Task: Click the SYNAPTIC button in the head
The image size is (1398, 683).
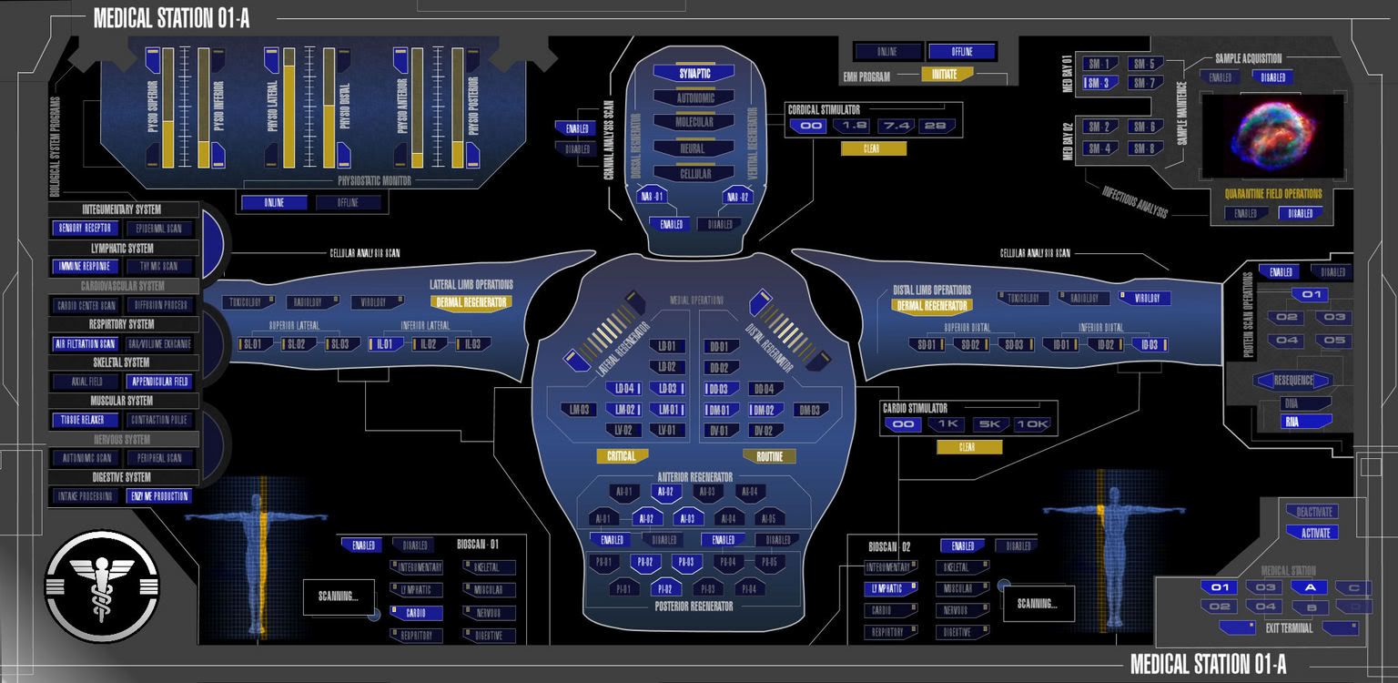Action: click(694, 73)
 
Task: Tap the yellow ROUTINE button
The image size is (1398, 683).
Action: click(769, 456)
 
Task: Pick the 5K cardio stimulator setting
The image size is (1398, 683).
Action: click(990, 424)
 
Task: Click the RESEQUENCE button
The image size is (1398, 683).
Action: click(1293, 381)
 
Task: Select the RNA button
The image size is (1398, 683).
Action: click(1292, 422)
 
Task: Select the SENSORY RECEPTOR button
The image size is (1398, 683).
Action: click(85, 228)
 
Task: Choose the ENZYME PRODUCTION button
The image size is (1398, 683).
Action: click(160, 496)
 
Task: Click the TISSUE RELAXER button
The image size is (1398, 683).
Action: click(85, 420)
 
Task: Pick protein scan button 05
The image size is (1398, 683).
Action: click(1334, 341)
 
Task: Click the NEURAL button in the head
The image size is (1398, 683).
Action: click(694, 148)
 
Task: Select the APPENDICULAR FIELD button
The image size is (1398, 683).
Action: click(160, 382)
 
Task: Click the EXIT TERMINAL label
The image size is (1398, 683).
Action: click(1289, 627)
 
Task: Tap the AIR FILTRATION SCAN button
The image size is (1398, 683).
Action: click(85, 343)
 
